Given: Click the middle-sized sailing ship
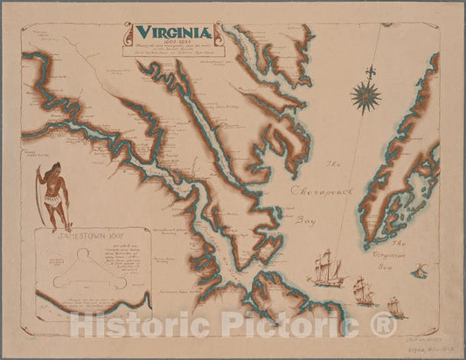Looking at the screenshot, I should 363,289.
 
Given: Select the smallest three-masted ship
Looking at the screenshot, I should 394,307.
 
